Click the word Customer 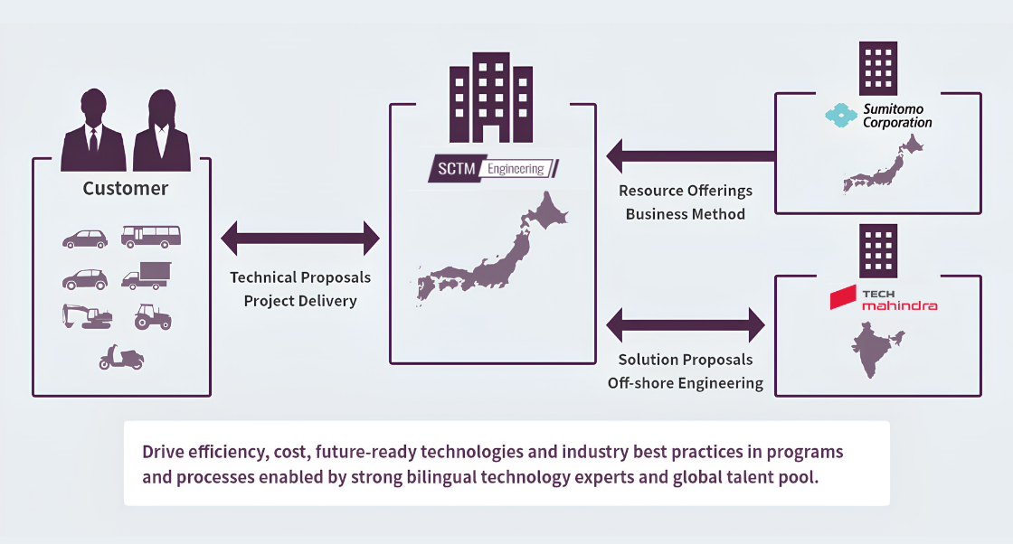[x=126, y=189]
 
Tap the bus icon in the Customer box [x=150, y=237]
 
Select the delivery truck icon [x=146, y=276]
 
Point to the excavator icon [x=87, y=316]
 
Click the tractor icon [x=153, y=317]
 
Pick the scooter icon [x=121, y=357]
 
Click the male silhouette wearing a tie [x=93, y=130]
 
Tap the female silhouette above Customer [x=162, y=130]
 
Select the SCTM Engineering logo [x=493, y=169]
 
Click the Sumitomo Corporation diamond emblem [x=841, y=116]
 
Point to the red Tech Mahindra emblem [x=843, y=298]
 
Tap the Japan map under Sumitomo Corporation [x=883, y=164]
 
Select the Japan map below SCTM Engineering [x=492, y=249]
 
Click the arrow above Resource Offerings [x=691, y=156]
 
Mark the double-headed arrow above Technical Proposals [x=300, y=239]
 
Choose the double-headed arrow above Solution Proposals [x=686, y=324]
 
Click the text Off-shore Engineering [x=686, y=383]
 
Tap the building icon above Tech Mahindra [x=878, y=250]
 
